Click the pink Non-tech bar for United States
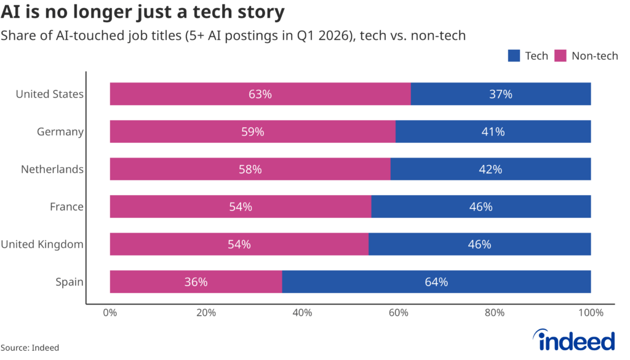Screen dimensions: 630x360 click(260, 94)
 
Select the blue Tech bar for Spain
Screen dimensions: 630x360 click(436, 282)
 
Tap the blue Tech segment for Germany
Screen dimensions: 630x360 click(493, 131)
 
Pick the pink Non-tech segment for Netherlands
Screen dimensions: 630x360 click(250, 169)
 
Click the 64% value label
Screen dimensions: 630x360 click(436, 282)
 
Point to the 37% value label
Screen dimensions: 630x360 click(501, 94)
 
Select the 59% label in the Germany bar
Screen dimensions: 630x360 click(253, 132)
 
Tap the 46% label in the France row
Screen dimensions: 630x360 click(481, 207)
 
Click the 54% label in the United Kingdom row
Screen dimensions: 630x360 click(239, 244)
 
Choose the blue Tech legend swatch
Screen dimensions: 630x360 click(514, 56)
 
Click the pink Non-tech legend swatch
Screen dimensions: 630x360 click(560, 56)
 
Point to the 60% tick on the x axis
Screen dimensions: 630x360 click(398, 313)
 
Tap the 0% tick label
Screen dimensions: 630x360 click(110, 313)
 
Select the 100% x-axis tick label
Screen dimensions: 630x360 click(591, 313)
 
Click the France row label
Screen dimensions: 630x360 click(66, 207)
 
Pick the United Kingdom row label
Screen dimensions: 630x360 click(42, 244)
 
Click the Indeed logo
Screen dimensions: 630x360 click(574, 340)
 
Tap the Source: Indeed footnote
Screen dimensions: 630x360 click(30, 348)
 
